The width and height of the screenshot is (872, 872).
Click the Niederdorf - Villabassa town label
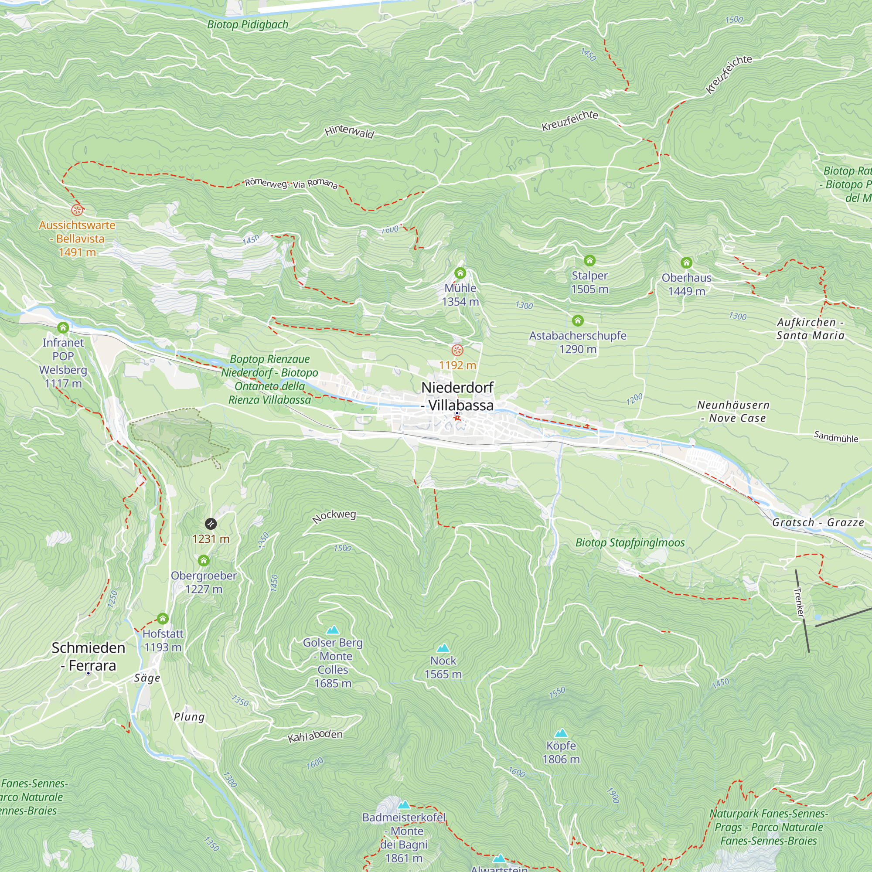(x=457, y=396)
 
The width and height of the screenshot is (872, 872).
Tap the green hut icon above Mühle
(x=460, y=273)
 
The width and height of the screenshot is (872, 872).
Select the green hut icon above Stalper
(x=589, y=260)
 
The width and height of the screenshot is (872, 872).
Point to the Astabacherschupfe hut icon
(x=578, y=320)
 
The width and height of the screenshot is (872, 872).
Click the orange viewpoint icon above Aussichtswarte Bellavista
(x=77, y=210)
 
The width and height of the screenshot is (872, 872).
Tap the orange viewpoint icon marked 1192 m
(x=457, y=350)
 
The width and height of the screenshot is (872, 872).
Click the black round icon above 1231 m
(x=211, y=524)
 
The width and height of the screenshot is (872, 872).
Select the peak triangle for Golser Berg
(x=333, y=630)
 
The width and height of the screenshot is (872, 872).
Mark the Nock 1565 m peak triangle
(x=443, y=648)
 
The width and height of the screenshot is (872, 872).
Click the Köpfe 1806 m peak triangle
(x=561, y=733)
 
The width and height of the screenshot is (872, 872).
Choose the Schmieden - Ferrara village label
(x=89, y=657)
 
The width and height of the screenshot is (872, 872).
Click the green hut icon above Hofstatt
(x=163, y=618)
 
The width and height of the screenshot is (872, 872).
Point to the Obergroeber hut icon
(x=204, y=561)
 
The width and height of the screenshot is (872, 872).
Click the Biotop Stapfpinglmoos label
(x=630, y=542)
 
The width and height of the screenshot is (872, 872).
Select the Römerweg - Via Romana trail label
(x=291, y=184)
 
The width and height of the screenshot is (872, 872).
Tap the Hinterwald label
(x=349, y=132)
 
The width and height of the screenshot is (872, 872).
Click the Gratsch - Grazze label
(x=818, y=522)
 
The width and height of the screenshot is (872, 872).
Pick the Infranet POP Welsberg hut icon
(x=63, y=328)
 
